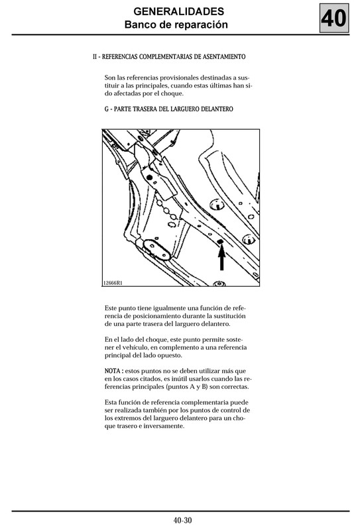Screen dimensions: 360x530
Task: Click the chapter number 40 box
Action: pos(334,19)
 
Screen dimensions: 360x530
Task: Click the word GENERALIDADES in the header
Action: pos(178,11)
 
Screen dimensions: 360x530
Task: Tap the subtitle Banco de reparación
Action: pos(176,25)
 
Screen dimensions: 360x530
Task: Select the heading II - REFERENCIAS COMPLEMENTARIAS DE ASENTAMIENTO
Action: pos(169,57)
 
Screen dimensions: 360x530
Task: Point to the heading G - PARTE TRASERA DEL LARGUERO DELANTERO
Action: pos(169,109)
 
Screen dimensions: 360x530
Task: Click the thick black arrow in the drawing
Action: pos(221,257)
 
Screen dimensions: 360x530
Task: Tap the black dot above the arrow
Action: pos(220,241)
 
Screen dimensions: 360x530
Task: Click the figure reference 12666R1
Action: pos(113,283)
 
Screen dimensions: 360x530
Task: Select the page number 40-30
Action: pos(183,520)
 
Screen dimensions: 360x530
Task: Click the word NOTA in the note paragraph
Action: pos(113,371)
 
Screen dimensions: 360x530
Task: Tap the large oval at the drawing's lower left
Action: pos(156,250)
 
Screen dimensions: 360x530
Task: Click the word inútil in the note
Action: pos(178,379)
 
